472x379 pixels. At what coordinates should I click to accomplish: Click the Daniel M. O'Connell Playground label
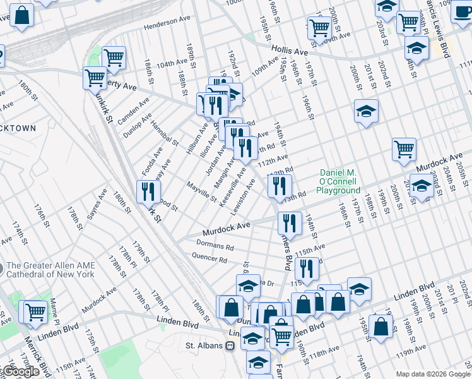pyautogui.click(x=339, y=181)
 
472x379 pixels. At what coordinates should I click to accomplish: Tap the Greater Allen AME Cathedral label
pyautogui.click(x=50, y=270)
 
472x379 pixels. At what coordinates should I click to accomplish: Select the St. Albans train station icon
pyautogui.click(x=231, y=346)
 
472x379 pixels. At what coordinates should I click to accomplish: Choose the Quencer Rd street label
pyautogui.click(x=209, y=258)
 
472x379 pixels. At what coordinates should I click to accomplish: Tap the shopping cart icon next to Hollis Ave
pyautogui.click(x=320, y=28)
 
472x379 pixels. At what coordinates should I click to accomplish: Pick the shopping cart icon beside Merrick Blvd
pyautogui.click(x=35, y=311)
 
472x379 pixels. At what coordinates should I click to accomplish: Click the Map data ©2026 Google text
pyautogui.click(x=432, y=374)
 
